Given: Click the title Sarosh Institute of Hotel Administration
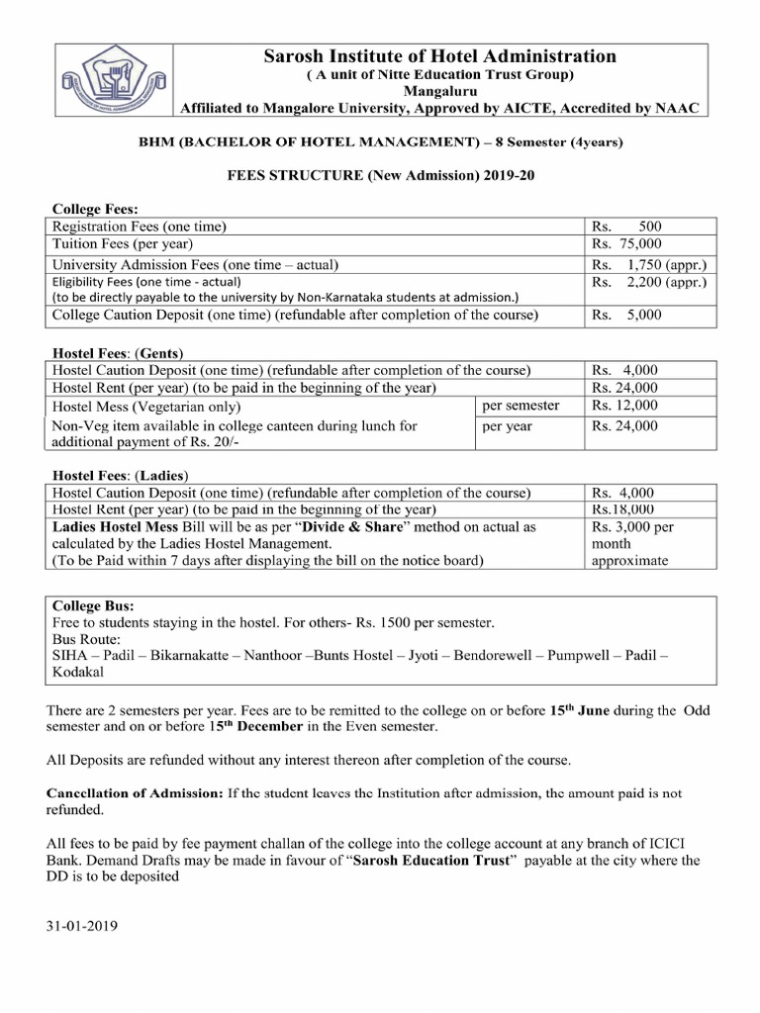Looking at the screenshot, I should click(439, 57).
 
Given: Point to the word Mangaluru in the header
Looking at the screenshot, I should click(439, 91).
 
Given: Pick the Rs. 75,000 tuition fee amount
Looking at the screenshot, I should click(626, 243).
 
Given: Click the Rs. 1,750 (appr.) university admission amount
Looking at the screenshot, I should click(648, 265).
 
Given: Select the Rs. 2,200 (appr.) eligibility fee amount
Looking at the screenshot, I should click(648, 282).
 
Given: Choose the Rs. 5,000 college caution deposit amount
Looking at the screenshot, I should click(626, 316).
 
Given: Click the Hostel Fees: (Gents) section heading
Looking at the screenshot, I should click(118, 352).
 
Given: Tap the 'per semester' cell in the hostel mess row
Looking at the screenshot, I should click(521, 406).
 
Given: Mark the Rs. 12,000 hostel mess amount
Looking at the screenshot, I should click(624, 406).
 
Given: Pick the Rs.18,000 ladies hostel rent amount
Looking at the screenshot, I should click(623, 509).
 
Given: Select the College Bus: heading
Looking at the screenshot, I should click(93, 605).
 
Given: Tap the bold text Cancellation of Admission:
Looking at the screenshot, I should click(135, 793).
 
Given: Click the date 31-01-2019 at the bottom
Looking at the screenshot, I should click(81, 929).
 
